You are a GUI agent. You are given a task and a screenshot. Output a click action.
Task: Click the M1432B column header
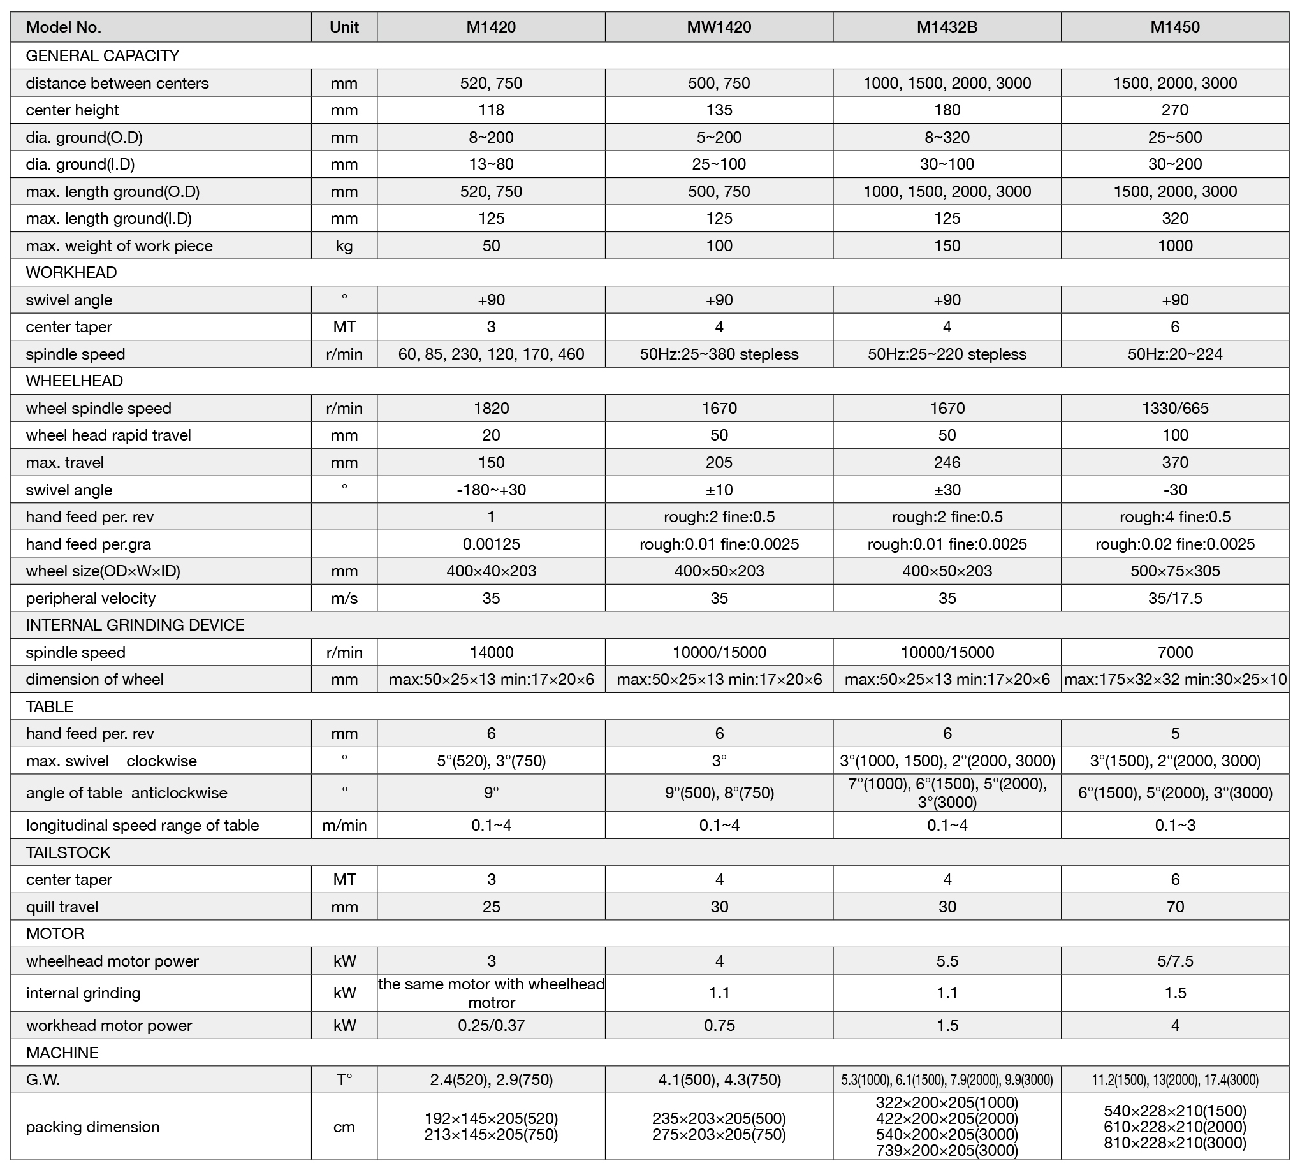(x=947, y=27)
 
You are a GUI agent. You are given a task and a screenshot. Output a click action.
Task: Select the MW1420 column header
(x=719, y=27)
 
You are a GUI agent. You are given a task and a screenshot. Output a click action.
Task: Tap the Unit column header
(x=344, y=27)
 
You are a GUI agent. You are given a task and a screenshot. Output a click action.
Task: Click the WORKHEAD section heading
(x=71, y=273)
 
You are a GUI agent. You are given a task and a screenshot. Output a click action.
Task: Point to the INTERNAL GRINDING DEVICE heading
(x=135, y=625)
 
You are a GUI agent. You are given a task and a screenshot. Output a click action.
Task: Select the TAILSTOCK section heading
(x=68, y=852)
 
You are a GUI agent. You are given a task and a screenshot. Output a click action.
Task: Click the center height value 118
(x=491, y=110)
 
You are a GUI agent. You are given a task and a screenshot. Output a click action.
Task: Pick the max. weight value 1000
(x=1175, y=245)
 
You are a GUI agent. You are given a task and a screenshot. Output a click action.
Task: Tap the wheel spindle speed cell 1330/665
(x=1175, y=408)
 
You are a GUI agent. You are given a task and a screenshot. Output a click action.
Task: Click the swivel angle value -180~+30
(x=491, y=490)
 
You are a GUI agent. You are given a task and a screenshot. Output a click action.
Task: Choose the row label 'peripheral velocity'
(x=91, y=598)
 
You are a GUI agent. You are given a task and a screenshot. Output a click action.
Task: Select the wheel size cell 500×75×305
(x=1175, y=571)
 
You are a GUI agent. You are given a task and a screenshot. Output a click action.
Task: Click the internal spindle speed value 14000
(x=491, y=652)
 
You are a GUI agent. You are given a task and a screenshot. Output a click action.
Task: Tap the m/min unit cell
(x=344, y=826)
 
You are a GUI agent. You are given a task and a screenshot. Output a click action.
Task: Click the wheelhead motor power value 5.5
(x=947, y=961)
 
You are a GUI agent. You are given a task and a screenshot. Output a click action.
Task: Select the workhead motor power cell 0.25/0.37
(x=491, y=1025)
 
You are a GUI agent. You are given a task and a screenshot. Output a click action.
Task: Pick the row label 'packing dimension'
(x=93, y=1127)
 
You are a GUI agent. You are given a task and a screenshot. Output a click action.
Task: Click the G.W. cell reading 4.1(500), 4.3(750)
(x=719, y=1079)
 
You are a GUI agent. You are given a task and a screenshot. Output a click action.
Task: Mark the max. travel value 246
(x=947, y=462)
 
